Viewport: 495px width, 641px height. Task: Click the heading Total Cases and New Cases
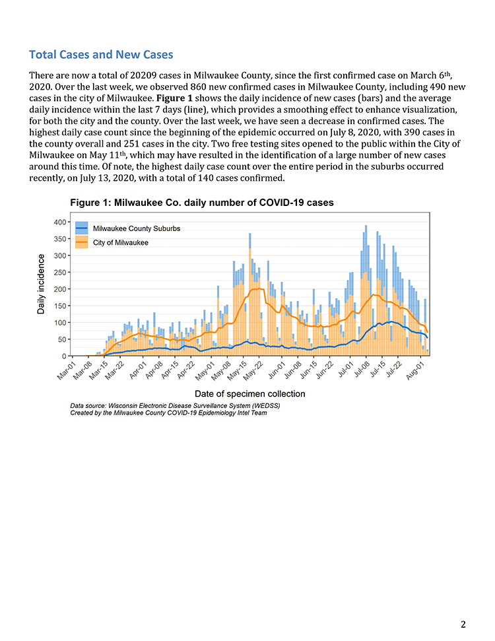[101, 54]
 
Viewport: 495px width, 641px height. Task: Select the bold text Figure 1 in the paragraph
[174, 98]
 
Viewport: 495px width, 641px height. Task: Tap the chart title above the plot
[202, 203]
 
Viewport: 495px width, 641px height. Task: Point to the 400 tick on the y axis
[59, 222]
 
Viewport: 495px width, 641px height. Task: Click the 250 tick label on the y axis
[59, 272]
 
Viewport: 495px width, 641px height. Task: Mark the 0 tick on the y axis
[64, 356]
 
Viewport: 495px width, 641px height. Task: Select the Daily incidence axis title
[41, 284]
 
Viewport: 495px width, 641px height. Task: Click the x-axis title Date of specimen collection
[249, 393]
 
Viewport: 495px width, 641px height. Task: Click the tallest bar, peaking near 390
[366, 290]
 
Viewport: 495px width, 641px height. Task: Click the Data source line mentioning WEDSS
[175, 406]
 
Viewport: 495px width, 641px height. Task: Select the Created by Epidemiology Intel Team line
[168, 413]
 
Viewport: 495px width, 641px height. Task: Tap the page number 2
[463, 624]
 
